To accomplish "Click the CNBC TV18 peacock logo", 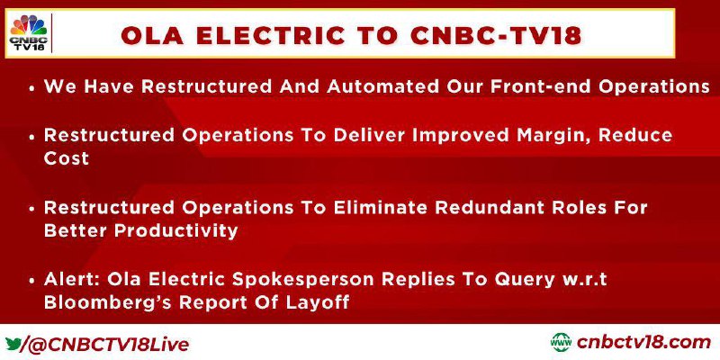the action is pos(29,33).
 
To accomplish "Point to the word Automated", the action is pos(383,86).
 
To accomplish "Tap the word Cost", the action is pos(66,158).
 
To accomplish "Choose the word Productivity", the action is pos(175,230).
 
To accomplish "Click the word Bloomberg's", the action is pos(107,303).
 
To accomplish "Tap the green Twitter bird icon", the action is pos(13,344).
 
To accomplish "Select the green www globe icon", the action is pos(561,343).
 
